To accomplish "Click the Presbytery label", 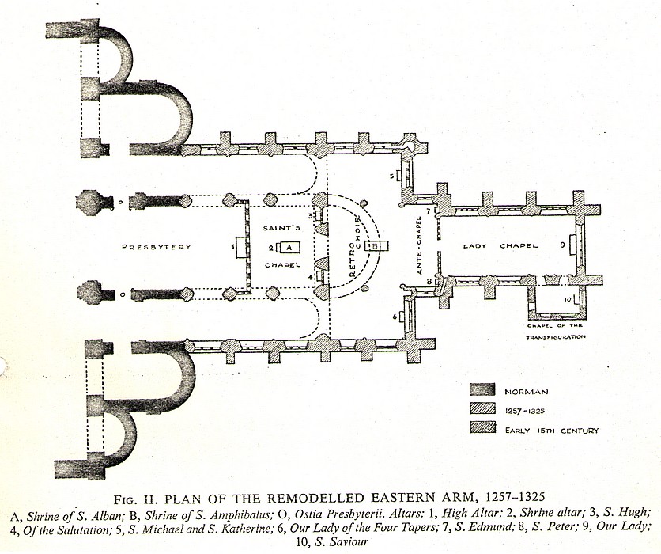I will click(157, 247).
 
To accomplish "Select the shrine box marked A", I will click(290, 247).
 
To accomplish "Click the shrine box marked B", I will click(376, 247).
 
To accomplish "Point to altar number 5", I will click(391, 175).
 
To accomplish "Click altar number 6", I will click(393, 317).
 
